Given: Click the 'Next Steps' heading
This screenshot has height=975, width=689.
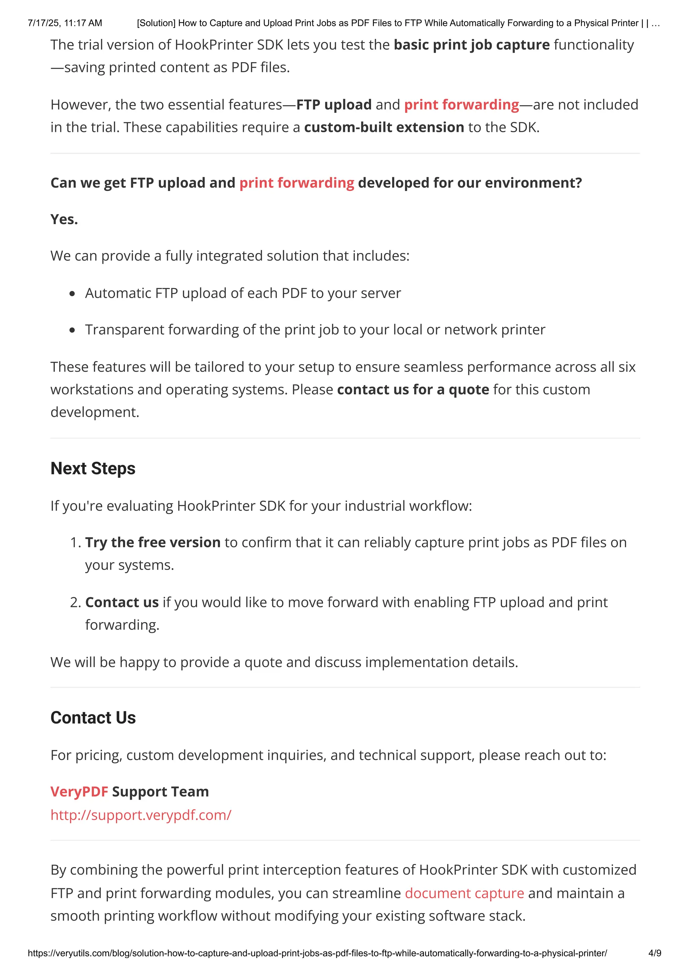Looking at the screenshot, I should (x=93, y=468).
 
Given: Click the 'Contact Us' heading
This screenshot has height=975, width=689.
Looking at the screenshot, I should (x=93, y=718).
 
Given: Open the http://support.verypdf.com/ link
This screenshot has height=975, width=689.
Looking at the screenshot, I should (x=141, y=815).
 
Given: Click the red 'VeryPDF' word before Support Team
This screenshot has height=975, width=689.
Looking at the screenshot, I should (x=79, y=792).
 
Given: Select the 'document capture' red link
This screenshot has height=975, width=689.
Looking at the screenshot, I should (x=464, y=893).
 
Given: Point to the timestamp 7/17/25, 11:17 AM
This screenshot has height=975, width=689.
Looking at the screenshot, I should (x=65, y=23).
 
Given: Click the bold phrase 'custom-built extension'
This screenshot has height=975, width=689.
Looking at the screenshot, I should (x=384, y=128).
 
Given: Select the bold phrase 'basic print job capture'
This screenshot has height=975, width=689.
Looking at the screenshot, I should (x=471, y=45).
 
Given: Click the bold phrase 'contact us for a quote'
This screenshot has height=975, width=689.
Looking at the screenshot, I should (x=413, y=389).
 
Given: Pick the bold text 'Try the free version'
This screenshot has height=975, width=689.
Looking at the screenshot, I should (x=153, y=542).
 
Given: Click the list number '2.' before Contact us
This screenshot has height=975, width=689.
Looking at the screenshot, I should (x=76, y=602).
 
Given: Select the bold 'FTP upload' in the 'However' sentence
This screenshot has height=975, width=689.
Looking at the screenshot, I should (x=334, y=105).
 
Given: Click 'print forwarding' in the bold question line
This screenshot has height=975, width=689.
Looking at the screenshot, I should (x=296, y=183).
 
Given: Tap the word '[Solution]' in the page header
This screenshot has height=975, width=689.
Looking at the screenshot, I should (x=156, y=23).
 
